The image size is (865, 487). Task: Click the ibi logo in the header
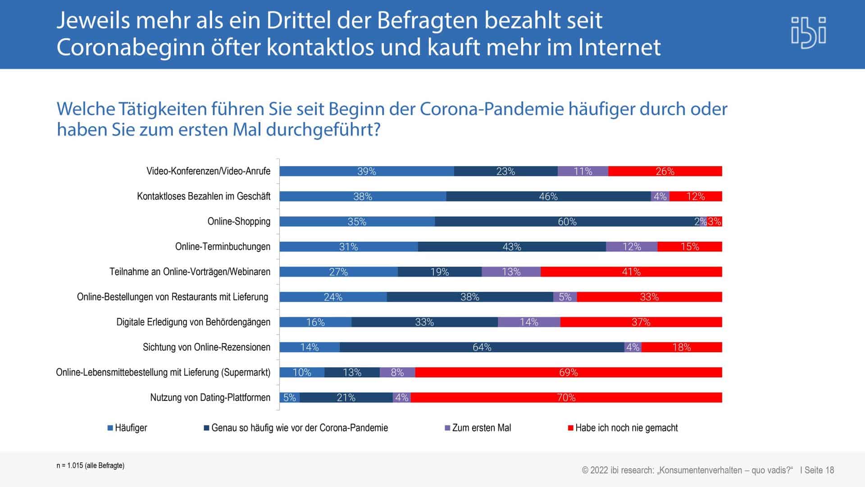tap(809, 32)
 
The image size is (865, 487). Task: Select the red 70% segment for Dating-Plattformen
tap(566, 397)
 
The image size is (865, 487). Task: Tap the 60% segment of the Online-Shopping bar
tap(567, 221)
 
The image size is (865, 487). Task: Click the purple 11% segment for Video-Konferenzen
tap(583, 171)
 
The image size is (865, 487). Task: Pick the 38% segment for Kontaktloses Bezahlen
tap(363, 196)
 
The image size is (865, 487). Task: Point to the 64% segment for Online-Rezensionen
tap(482, 347)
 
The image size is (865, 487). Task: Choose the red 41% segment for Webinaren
tap(631, 271)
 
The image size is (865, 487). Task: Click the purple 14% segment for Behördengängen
tap(529, 322)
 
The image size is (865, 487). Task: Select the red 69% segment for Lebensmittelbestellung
tap(568, 372)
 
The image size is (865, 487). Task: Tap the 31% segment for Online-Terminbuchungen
tap(348, 247)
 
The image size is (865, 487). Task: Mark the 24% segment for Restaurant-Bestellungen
tap(333, 297)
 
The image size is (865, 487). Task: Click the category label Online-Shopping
tap(239, 221)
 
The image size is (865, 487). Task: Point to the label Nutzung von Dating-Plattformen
tap(210, 397)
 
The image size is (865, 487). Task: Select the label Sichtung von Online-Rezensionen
tap(206, 347)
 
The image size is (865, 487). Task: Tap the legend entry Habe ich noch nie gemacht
tap(626, 428)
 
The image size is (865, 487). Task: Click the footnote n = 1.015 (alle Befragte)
tap(90, 465)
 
